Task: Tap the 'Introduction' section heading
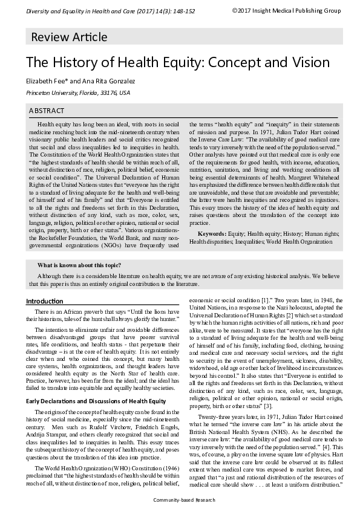pos(44,301)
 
